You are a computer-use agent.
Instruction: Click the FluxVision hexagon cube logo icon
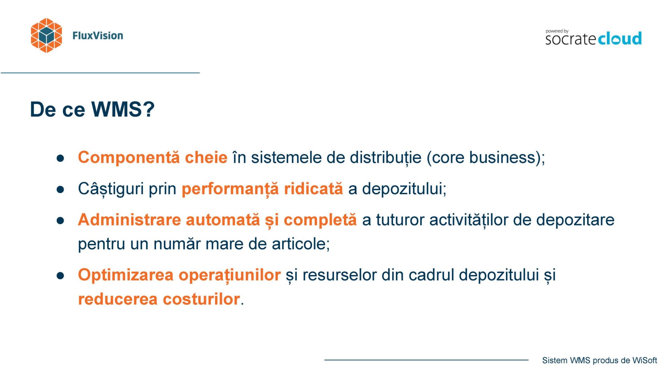pyautogui.click(x=46, y=35)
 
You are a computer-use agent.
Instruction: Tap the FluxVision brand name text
pyautogui.click(x=98, y=35)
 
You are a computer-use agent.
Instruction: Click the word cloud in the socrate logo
pyautogui.click(x=620, y=39)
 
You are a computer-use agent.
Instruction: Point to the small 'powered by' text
pyautogui.click(x=557, y=31)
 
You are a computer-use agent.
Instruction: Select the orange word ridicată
pyautogui.click(x=314, y=189)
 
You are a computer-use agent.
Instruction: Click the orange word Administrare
pyautogui.click(x=129, y=220)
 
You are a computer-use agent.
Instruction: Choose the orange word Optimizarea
pyautogui.click(x=126, y=275)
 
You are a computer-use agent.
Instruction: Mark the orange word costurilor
pyautogui.click(x=201, y=299)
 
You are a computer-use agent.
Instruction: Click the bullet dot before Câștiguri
pyautogui.click(x=60, y=189)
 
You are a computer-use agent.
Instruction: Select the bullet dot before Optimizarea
pyautogui.click(x=60, y=276)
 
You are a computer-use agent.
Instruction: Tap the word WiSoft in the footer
pyautogui.click(x=644, y=360)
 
